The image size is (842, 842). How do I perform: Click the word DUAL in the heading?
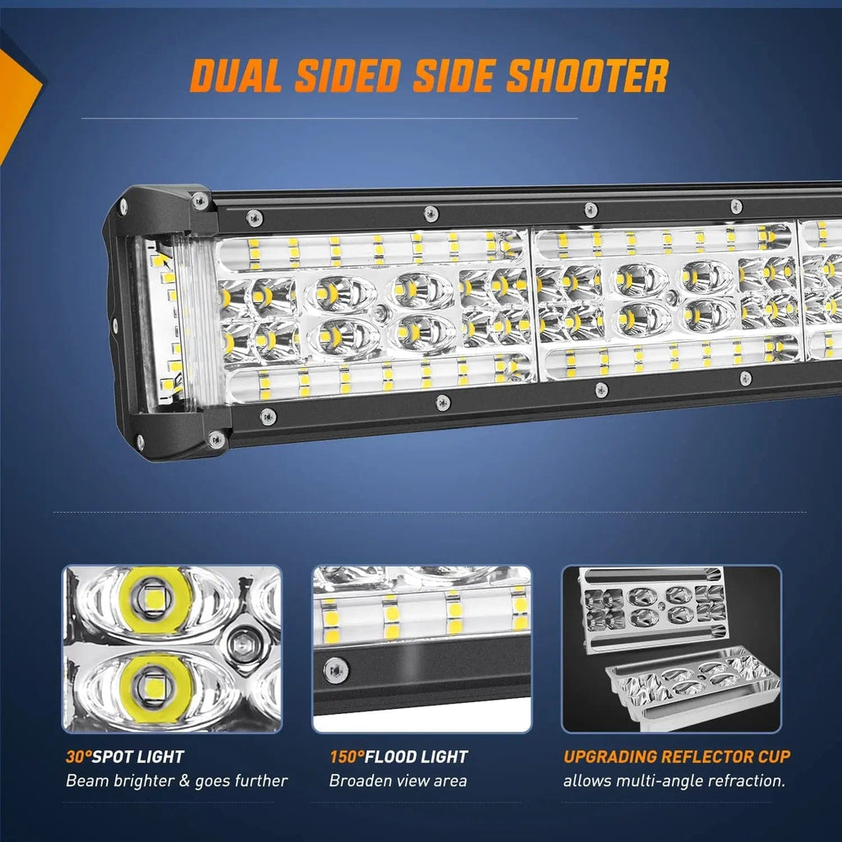(235, 75)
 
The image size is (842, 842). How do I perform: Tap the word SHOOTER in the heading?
(588, 75)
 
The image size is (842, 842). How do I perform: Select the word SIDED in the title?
(348, 75)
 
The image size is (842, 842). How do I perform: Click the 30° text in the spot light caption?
(77, 757)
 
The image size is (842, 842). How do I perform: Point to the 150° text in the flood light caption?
(346, 757)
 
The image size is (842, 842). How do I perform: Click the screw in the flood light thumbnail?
(336, 671)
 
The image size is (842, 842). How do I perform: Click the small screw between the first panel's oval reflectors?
(381, 311)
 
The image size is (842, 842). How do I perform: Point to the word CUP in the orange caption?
(774, 757)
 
